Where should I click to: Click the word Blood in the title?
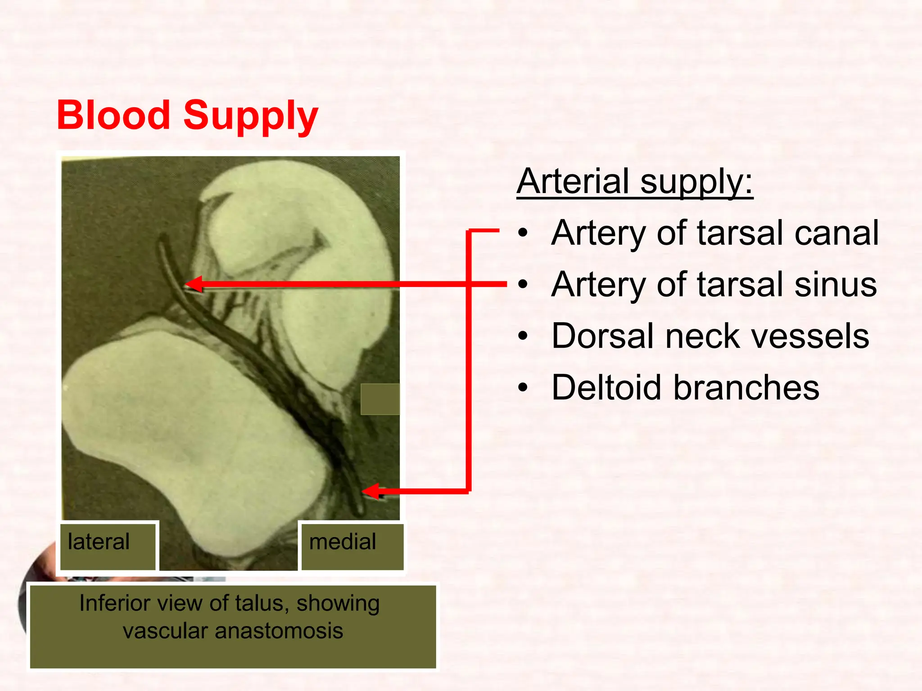[x=113, y=115]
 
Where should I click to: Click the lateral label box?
[x=108, y=546]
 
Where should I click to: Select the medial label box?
[x=352, y=546]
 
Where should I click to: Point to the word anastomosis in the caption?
[x=279, y=631]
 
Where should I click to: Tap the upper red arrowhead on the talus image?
[x=194, y=284]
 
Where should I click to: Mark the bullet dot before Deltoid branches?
[x=522, y=387]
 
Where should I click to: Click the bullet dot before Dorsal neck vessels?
[x=522, y=336]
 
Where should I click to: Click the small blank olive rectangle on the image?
[x=380, y=399]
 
